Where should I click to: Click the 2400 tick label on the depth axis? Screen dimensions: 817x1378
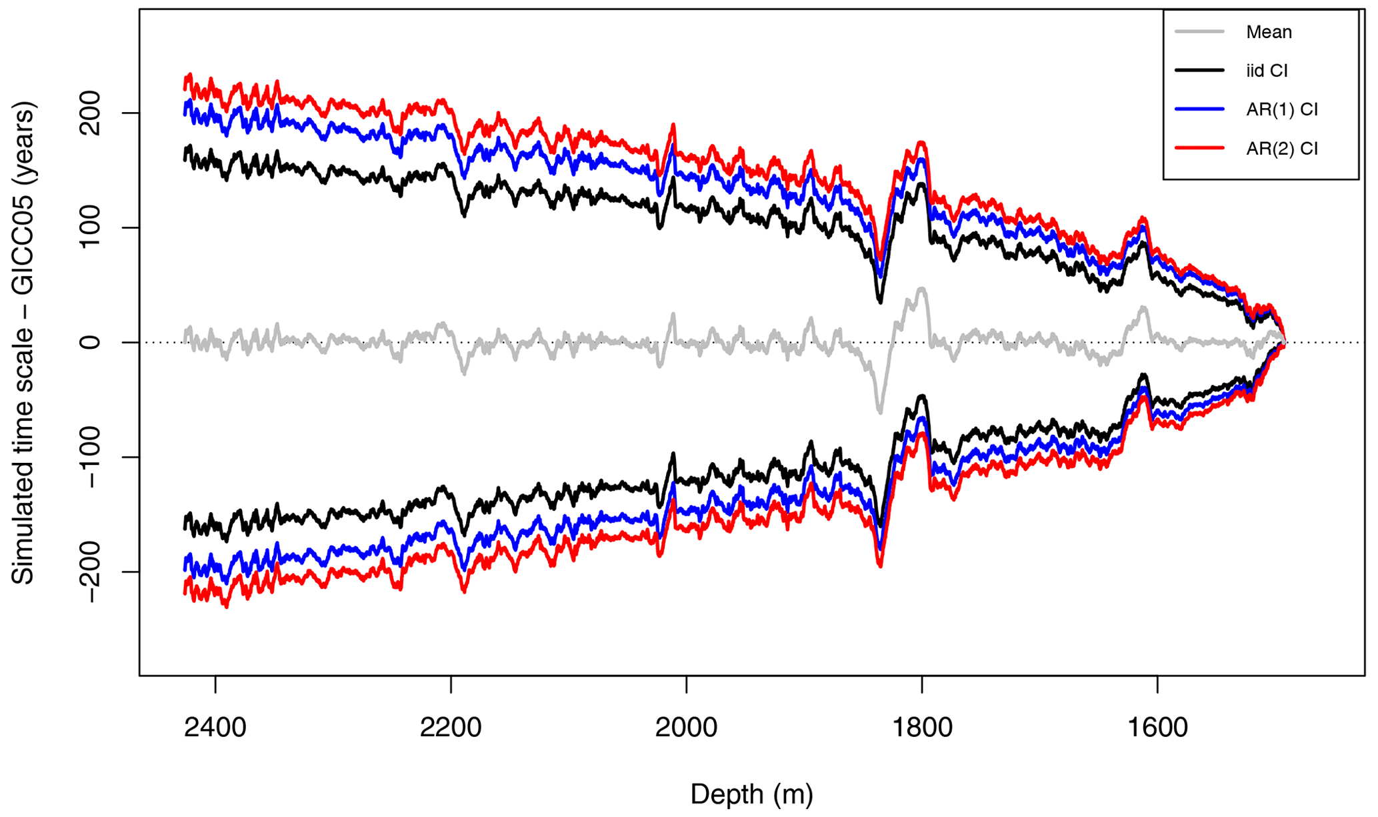tap(215, 727)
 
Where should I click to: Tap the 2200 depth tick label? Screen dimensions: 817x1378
tap(451, 727)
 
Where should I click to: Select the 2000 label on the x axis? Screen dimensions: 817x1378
tap(686, 727)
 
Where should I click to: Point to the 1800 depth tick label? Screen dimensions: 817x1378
tap(922, 727)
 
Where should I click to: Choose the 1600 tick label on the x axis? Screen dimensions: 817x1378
tap(1157, 727)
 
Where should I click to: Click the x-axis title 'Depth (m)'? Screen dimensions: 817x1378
tap(752, 794)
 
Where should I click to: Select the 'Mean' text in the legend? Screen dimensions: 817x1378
tap(1269, 32)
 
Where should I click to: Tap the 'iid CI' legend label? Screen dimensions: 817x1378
tap(1267, 71)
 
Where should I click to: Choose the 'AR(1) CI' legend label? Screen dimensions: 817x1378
tap(1281, 109)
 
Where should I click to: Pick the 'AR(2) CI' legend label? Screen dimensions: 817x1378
tap(1281, 148)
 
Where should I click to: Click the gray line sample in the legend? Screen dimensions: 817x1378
tap(1199, 31)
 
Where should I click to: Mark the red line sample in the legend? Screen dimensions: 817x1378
tap(1199, 147)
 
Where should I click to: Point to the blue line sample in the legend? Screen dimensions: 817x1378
tap(1199, 109)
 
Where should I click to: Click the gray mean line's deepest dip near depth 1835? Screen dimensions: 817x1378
tap(880, 412)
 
